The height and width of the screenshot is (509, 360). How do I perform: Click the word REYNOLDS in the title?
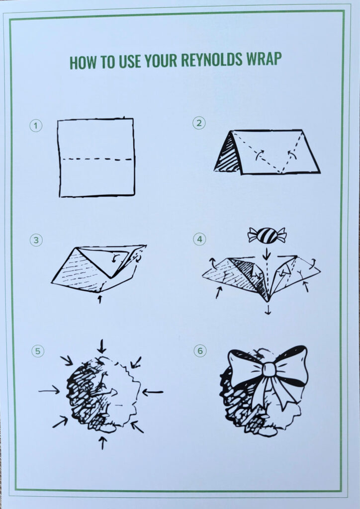[211, 60]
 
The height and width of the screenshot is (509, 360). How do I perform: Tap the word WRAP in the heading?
[264, 59]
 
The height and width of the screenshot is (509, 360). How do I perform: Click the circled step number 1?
[36, 126]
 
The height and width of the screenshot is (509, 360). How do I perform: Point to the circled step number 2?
[199, 123]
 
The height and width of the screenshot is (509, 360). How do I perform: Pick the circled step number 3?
[36, 240]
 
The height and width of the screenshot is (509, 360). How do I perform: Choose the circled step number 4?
[199, 239]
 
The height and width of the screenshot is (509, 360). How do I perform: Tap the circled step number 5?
[38, 351]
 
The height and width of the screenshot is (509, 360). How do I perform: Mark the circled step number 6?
[200, 350]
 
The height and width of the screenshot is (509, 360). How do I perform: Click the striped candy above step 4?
[267, 235]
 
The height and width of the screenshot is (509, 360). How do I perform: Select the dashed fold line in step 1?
[97, 160]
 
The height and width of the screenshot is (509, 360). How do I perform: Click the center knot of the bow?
[269, 369]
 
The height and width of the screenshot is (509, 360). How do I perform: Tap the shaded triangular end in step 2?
[228, 154]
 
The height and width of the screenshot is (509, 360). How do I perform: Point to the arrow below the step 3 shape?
[99, 299]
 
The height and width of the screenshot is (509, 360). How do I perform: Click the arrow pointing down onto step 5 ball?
[101, 346]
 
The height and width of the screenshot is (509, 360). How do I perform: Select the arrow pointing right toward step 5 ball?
[49, 391]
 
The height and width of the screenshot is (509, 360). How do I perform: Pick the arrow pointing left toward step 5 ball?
[153, 393]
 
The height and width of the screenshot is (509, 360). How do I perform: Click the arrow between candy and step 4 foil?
[267, 254]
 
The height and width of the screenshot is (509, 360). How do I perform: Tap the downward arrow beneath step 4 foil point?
[268, 310]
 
